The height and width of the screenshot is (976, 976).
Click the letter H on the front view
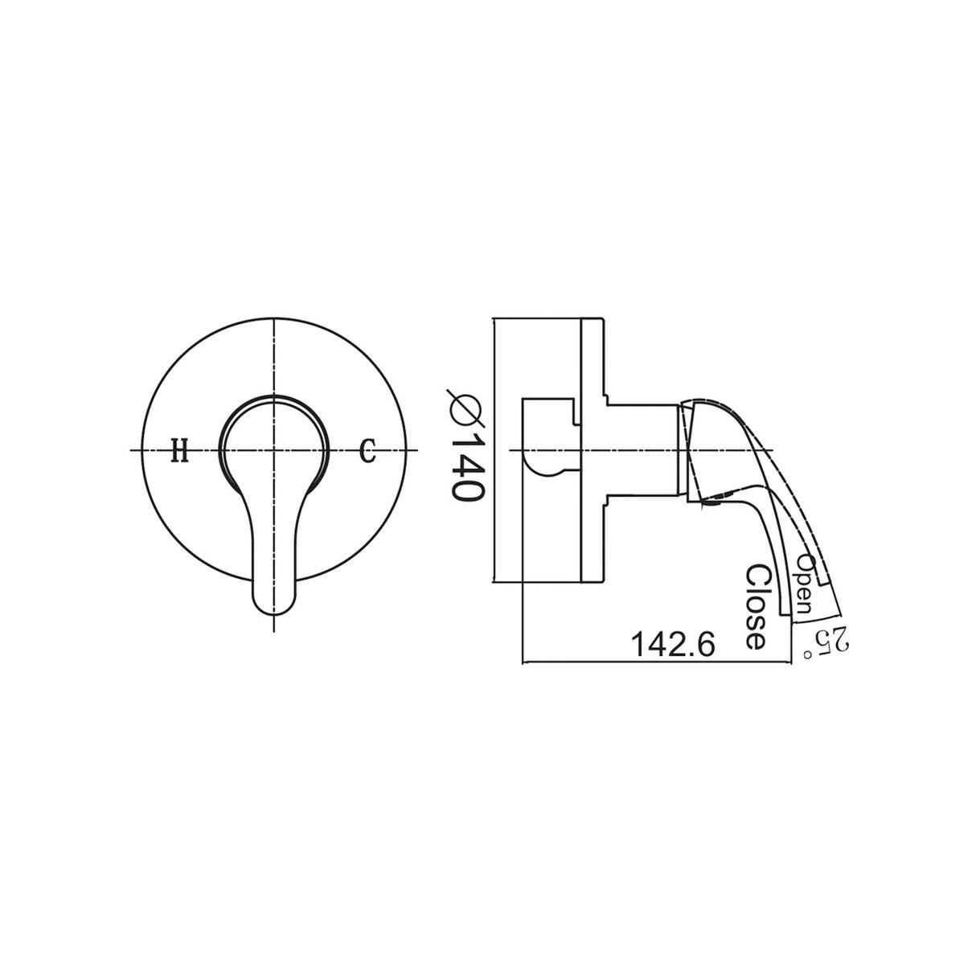pyautogui.click(x=179, y=452)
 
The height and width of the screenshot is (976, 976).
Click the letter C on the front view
pyautogui.click(x=367, y=451)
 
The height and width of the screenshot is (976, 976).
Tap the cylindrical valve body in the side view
pyautogui.click(x=639, y=449)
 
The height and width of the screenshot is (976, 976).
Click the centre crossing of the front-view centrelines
pyautogui.click(x=274, y=451)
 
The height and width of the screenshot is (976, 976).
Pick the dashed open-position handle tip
pyautogui.click(x=836, y=611)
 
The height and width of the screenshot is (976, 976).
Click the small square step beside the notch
pyautogui.click(x=576, y=414)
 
